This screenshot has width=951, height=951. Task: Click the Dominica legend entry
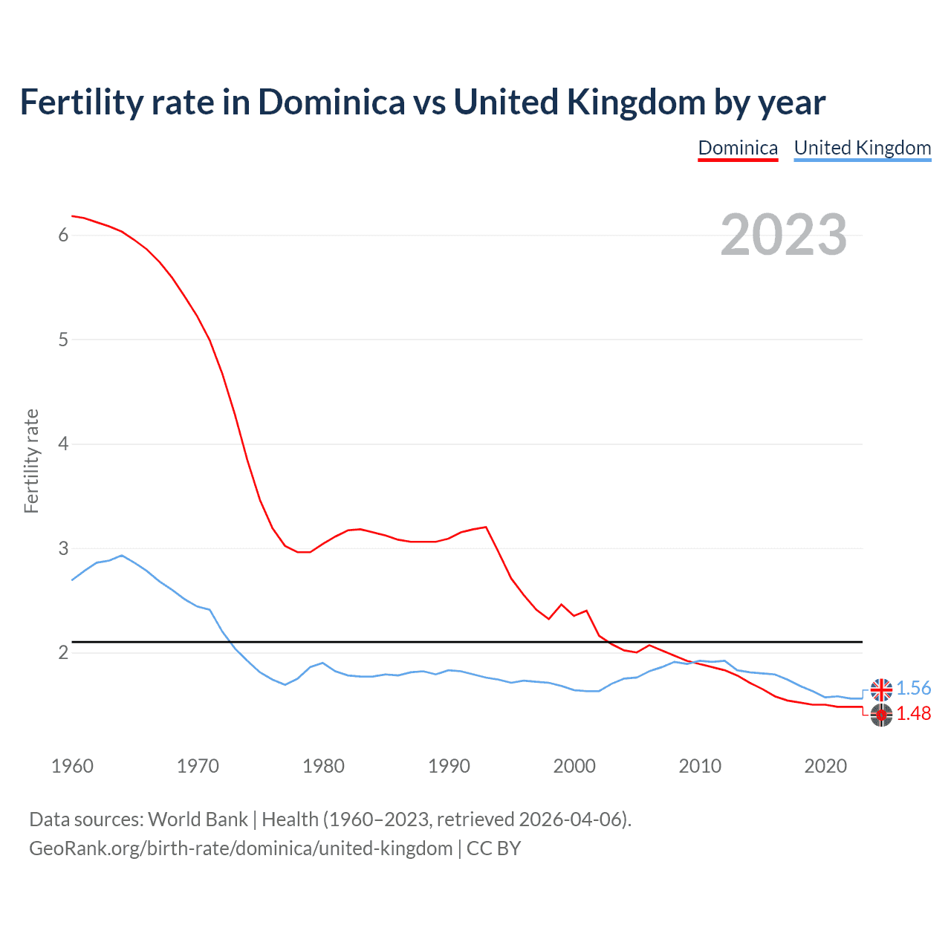click(x=738, y=148)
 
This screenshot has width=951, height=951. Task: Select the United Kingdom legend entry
click(x=862, y=148)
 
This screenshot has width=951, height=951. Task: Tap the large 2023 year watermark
click(x=784, y=235)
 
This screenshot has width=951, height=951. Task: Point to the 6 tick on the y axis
click(x=63, y=236)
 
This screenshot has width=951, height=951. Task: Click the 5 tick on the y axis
click(x=63, y=340)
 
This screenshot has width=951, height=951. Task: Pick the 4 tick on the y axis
click(x=63, y=444)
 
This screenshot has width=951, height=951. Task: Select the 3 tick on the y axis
click(x=63, y=549)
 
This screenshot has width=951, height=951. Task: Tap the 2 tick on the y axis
click(x=63, y=653)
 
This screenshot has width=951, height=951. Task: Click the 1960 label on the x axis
click(x=72, y=766)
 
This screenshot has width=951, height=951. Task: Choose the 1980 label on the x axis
click(x=323, y=766)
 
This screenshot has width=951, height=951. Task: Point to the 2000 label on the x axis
click(x=574, y=766)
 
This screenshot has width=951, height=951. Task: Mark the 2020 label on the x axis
click(x=825, y=766)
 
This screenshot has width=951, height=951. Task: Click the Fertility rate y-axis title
click(x=31, y=461)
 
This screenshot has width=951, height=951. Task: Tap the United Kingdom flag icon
click(x=881, y=689)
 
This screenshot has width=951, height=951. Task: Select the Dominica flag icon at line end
click(x=881, y=715)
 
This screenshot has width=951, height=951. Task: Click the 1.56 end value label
click(x=913, y=689)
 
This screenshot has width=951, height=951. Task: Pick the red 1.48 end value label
click(x=913, y=714)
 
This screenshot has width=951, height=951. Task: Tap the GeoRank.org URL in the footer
click(x=241, y=848)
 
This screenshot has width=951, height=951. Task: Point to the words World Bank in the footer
click(x=198, y=819)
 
